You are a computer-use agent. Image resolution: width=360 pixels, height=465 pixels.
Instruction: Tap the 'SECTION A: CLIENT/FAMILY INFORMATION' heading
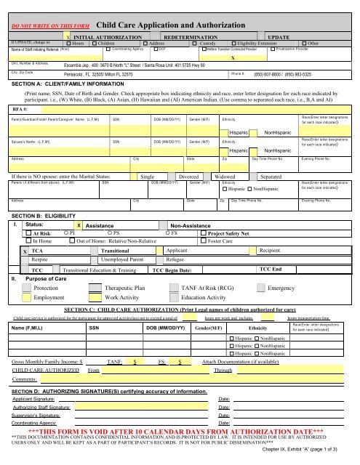tap(66, 83)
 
